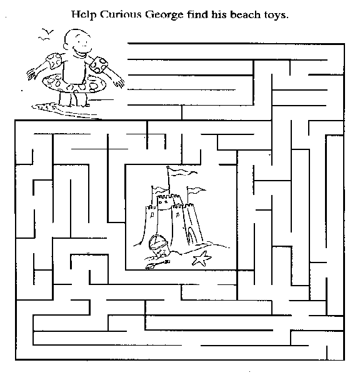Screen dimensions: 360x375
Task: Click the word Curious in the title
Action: click(121, 14)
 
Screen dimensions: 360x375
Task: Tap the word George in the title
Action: click(164, 15)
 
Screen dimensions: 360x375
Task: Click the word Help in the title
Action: click(84, 15)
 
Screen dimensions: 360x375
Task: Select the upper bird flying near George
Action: click(48, 31)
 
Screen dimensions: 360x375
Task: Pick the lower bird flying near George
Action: click(44, 39)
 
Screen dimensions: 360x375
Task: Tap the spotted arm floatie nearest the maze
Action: click(99, 64)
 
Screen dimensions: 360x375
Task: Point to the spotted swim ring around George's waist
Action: click(74, 84)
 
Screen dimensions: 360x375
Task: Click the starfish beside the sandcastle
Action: click(202, 259)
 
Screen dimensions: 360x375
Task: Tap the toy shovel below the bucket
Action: click(157, 264)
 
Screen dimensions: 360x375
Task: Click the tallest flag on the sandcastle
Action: click(182, 171)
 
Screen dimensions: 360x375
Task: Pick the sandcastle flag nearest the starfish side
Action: click(196, 190)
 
